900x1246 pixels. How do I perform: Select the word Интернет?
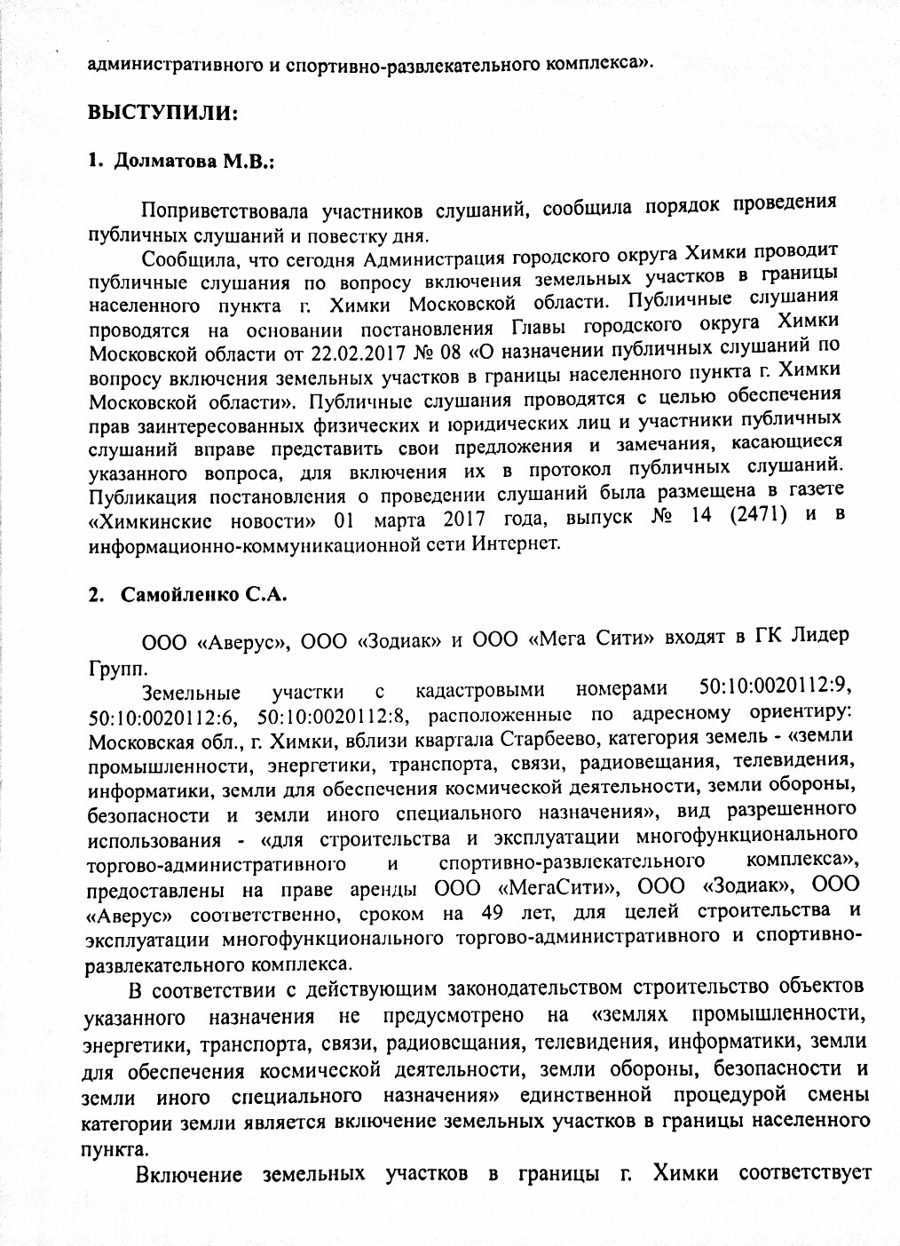click(517, 541)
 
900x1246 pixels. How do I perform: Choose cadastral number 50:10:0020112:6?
click(162, 718)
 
